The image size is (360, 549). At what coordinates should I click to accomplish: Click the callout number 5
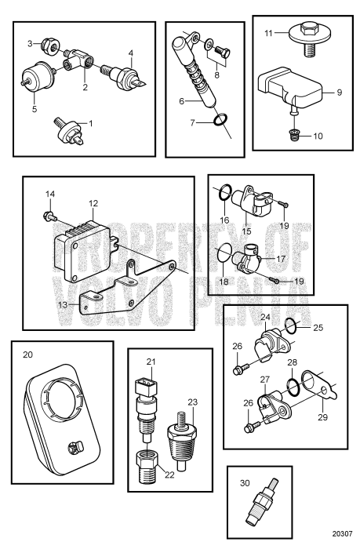35,109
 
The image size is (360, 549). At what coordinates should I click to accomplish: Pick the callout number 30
245,483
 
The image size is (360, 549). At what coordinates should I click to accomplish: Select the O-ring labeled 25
292,326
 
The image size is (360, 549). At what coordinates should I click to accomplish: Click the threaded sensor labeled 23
181,441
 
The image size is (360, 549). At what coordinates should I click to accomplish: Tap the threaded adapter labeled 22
147,467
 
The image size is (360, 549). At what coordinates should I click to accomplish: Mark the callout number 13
63,304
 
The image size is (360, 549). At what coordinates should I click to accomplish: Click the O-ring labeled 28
293,387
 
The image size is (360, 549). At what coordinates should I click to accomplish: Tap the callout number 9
339,93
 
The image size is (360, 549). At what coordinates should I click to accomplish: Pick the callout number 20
28,354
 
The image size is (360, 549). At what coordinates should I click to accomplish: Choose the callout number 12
93,203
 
